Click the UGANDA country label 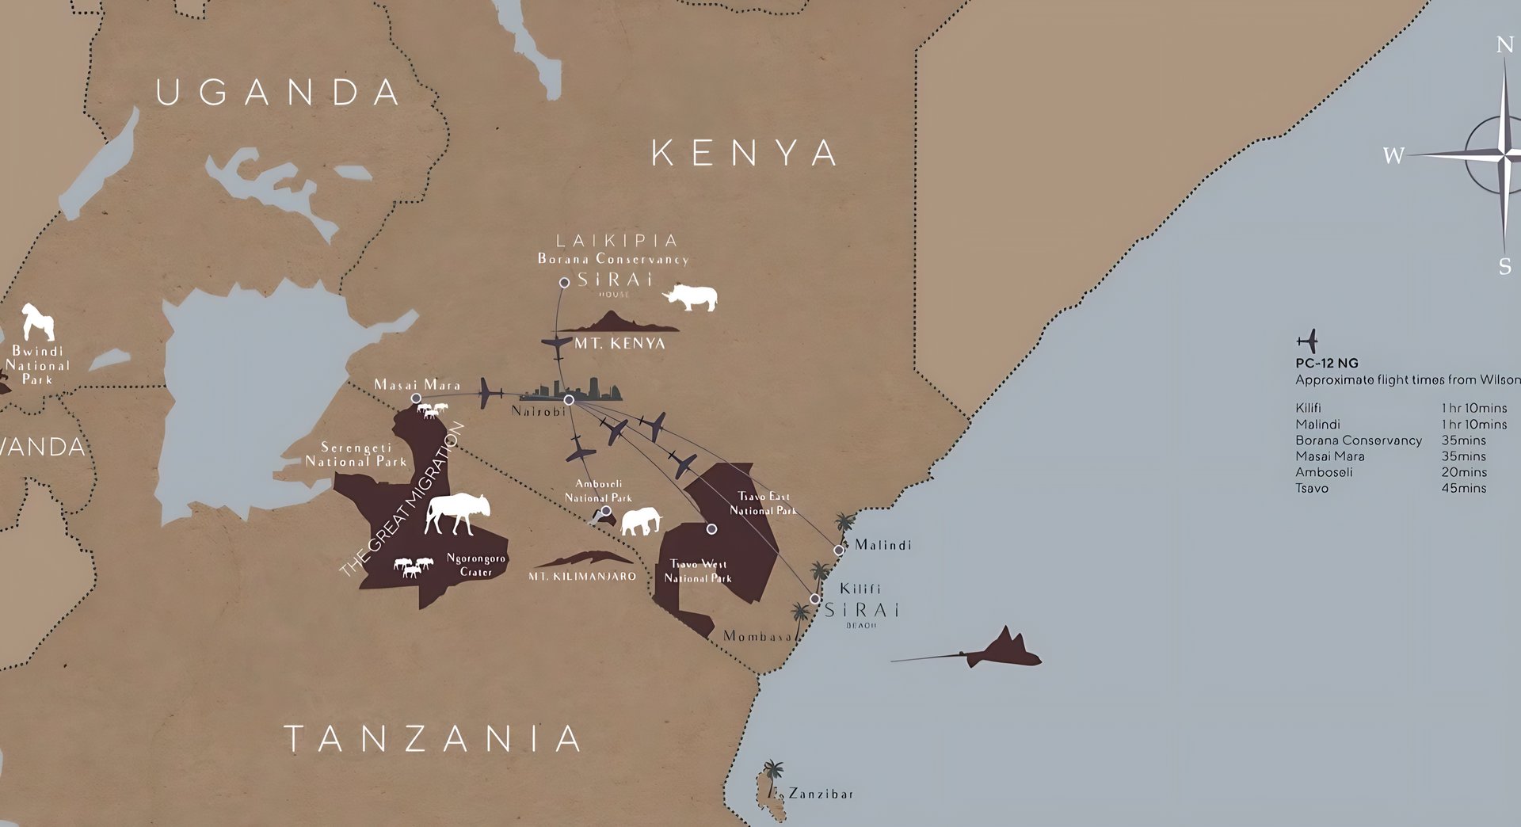pyautogui.click(x=278, y=93)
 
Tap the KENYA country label pyautogui.click(x=744, y=153)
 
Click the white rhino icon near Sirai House pyautogui.click(x=692, y=298)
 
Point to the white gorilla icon pyautogui.click(x=37, y=322)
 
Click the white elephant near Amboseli pyautogui.click(x=641, y=522)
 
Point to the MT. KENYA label pyautogui.click(x=619, y=344)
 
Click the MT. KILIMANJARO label pyautogui.click(x=582, y=577)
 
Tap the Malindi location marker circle pyautogui.click(x=839, y=550)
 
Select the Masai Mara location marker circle pyautogui.click(x=416, y=398)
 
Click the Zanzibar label pyautogui.click(x=820, y=794)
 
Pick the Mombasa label pyautogui.click(x=757, y=636)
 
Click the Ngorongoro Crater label pyautogui.click(x=475, y=565)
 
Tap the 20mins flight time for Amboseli pyautogui.click(x=1463, y=472)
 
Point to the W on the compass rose pyautogui.click(x=1393, y=155)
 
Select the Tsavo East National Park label pyautogui.click(x=763, y=504)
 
